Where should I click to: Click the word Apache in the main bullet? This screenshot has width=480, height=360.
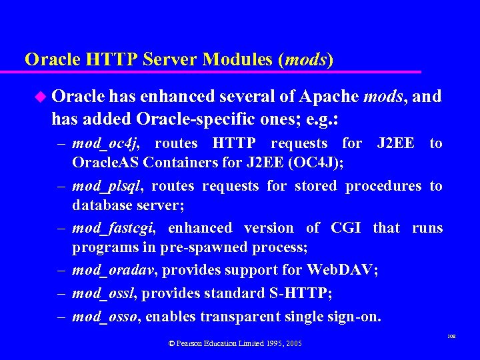click(328, 97)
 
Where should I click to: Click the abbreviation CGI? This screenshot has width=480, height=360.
click(345, 228)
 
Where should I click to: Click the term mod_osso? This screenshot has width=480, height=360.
click(105, 316)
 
